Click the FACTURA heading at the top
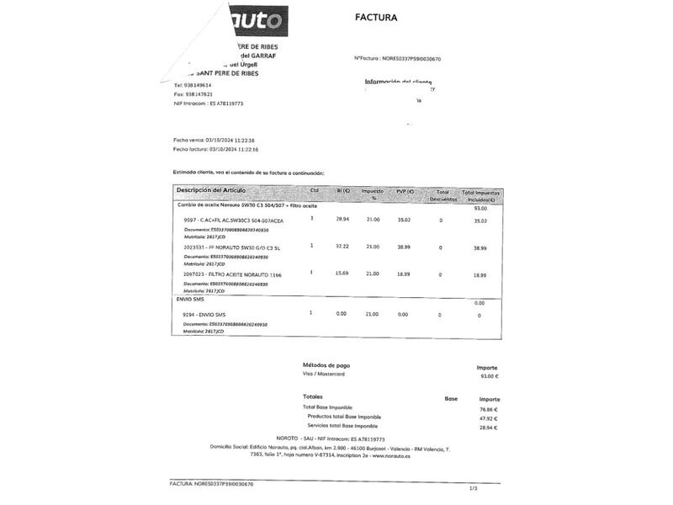(x=376, y=17)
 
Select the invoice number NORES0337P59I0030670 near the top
(x=411, y=59)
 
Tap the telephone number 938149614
(x=199, y=85)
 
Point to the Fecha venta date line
(x=215, y=140)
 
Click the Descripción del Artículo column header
(x=210, y=191)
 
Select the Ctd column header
(x=315, y=191)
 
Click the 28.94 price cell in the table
(x=342, y=219)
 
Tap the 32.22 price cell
(x=342, y=246)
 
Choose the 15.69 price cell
(x=342, y=273)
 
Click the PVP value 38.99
(x=404, y=247)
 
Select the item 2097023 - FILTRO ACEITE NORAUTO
(x=233, y=274)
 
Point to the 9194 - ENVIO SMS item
(x=204, y=315)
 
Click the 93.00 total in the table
(x=480, y=208)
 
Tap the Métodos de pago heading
(x=326, y=365)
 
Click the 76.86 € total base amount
(x=489, y=409)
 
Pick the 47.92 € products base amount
(x=489, y=417)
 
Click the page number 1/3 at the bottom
(x=473, y=488)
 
